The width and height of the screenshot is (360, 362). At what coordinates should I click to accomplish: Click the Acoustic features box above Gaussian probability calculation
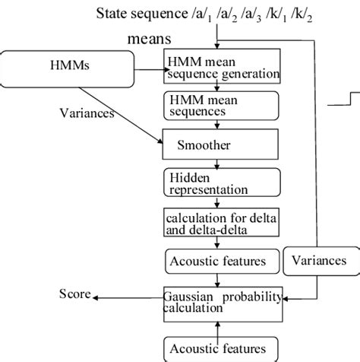[x=216, y=262]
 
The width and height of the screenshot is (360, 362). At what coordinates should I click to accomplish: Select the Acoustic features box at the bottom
[x=216, y=348]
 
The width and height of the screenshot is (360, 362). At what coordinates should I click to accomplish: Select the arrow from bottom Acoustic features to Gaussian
[x=218, y=327]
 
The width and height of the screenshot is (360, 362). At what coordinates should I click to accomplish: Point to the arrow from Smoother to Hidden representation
[x=218, y=161]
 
